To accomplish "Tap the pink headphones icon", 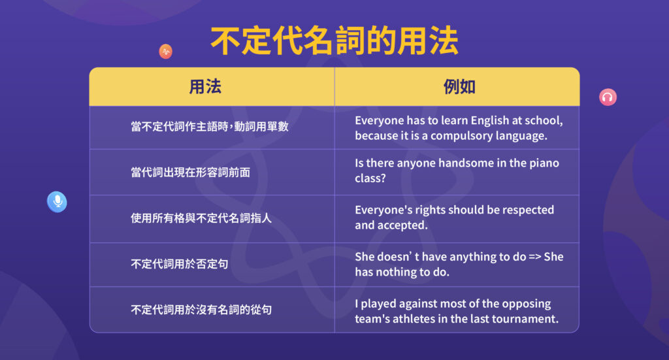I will tap(608, 97).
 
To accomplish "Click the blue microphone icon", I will tap(57, 201).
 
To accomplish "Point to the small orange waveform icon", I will tap(165, 52).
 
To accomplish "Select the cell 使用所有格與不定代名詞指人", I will tap(201, 218).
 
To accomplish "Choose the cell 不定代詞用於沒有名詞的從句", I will tap(201, 310).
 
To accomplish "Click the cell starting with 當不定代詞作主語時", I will tap(209, 127).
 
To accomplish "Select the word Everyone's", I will tap(382, 210).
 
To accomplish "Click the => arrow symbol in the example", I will tap(532, 257).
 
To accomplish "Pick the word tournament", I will tap(527, 319).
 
